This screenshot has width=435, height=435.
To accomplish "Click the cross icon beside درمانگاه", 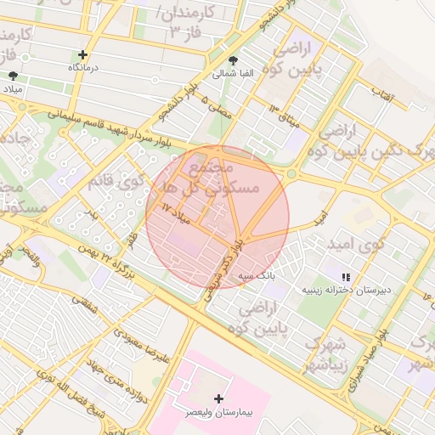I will [x=82, y=54].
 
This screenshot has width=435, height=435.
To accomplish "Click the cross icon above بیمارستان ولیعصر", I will [x=219, y=398].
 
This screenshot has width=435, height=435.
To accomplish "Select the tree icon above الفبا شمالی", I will [x=234, y=60].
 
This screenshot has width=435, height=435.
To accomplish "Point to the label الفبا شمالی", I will [x=234, y=74].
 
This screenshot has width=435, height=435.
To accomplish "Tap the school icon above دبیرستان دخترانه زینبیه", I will [x=346, y=277].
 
